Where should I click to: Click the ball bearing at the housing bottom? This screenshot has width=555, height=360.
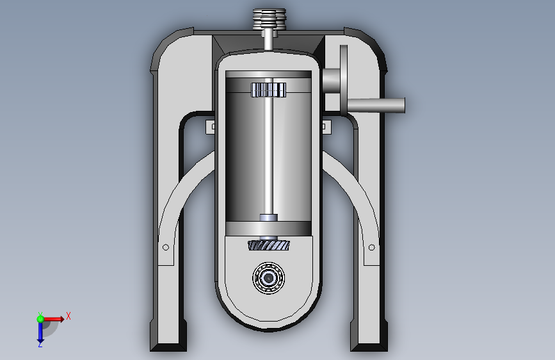coord(269,278)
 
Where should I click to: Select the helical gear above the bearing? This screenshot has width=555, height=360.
coord(269,245)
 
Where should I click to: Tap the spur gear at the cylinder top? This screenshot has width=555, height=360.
coord(269,90)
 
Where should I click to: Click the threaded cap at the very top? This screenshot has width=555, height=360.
coord(269,18)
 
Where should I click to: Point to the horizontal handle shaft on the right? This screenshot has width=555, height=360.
coord(376,106)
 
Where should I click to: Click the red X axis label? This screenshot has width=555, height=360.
coord(68,316)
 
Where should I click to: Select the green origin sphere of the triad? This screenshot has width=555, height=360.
coord(40,319)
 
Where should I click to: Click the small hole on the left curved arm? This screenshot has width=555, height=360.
coord(166,247)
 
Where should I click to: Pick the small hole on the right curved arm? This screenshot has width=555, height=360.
coord(372,247)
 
